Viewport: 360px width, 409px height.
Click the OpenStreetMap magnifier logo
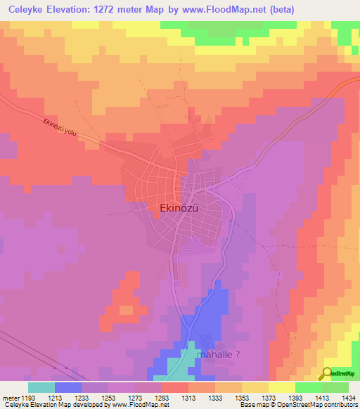coord(327,372)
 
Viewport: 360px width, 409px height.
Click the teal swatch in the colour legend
coord(41,387)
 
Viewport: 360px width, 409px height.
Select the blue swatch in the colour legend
coord(67,387)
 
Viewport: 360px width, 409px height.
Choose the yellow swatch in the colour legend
coord(281,387)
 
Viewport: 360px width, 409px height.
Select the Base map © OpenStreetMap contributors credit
coord(298,405)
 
